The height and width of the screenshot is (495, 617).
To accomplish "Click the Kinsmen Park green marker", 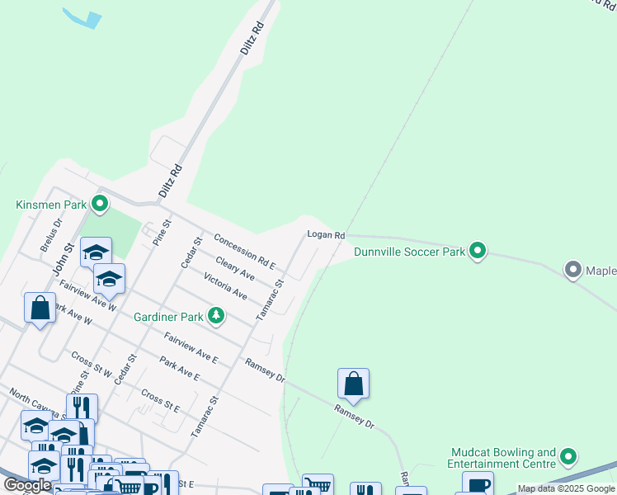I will click(100, 203).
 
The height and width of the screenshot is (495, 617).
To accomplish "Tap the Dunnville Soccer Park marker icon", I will click(478, 250).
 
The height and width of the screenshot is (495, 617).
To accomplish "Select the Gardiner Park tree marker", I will click(216, 315).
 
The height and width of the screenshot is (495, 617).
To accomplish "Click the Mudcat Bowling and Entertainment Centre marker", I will click(568, 456).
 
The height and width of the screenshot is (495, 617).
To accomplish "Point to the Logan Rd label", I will click(326, 235).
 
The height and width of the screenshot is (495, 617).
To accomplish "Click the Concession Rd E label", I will click(243, 251).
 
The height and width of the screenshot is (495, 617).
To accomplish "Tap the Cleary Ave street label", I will click(235, 267).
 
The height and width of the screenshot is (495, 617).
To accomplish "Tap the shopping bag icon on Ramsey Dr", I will click(353, 384).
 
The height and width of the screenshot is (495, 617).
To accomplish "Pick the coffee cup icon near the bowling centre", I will click(478, 485).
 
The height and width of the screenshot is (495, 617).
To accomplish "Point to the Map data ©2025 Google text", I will click(566, 488).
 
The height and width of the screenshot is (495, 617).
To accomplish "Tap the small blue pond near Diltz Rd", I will click(83, 17).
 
